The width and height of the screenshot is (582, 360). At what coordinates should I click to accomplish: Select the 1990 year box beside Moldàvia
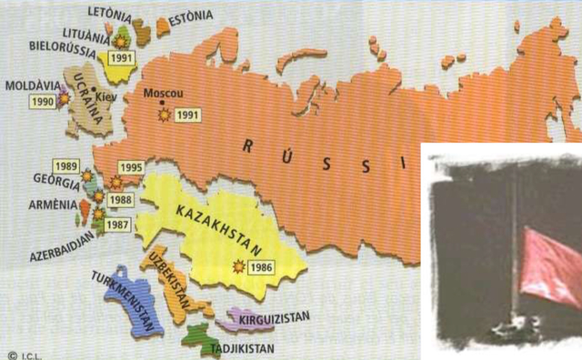pyautogui.click(x=43, y=101)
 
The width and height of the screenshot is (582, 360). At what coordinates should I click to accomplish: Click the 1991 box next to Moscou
pyautogui.click(x=186, y=115)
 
